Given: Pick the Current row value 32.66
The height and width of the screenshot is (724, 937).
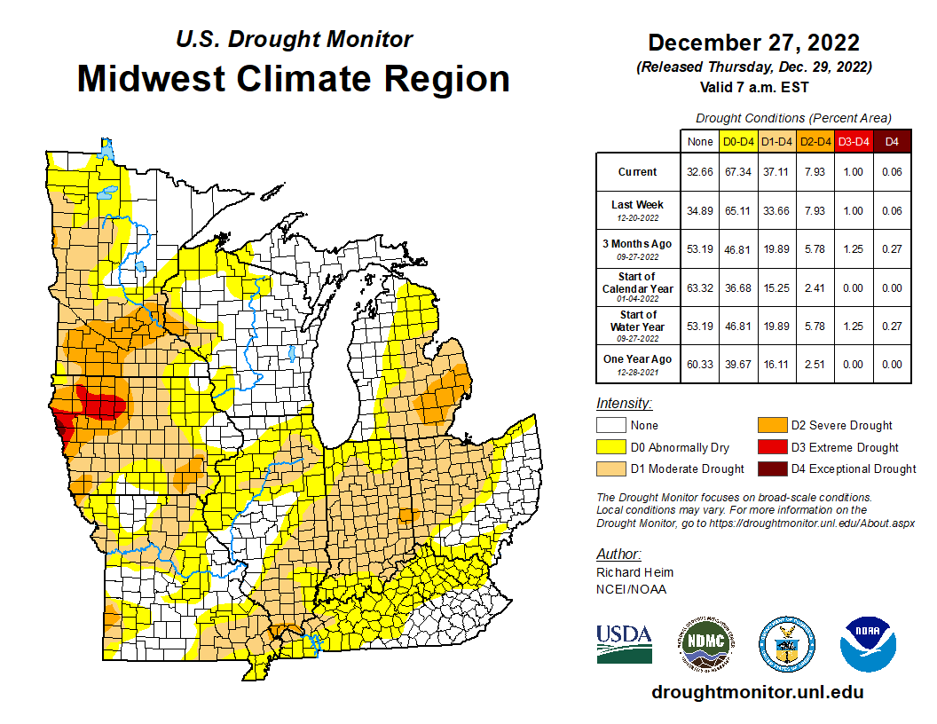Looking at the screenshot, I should tap(700, 172).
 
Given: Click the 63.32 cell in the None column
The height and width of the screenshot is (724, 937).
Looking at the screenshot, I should tap(700, 287).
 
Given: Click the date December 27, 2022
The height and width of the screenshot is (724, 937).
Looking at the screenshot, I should tap(753, 43).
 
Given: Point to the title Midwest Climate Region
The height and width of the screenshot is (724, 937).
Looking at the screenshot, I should tap(293, 79).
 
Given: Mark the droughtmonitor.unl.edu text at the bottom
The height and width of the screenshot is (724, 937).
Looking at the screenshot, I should tap(757, 692).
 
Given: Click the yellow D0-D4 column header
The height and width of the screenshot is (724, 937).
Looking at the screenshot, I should tap(738, 141).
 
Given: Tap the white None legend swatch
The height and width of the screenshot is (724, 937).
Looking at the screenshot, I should tap(611, 426).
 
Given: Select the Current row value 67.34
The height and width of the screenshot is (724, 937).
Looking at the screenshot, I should tap(738, 172).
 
